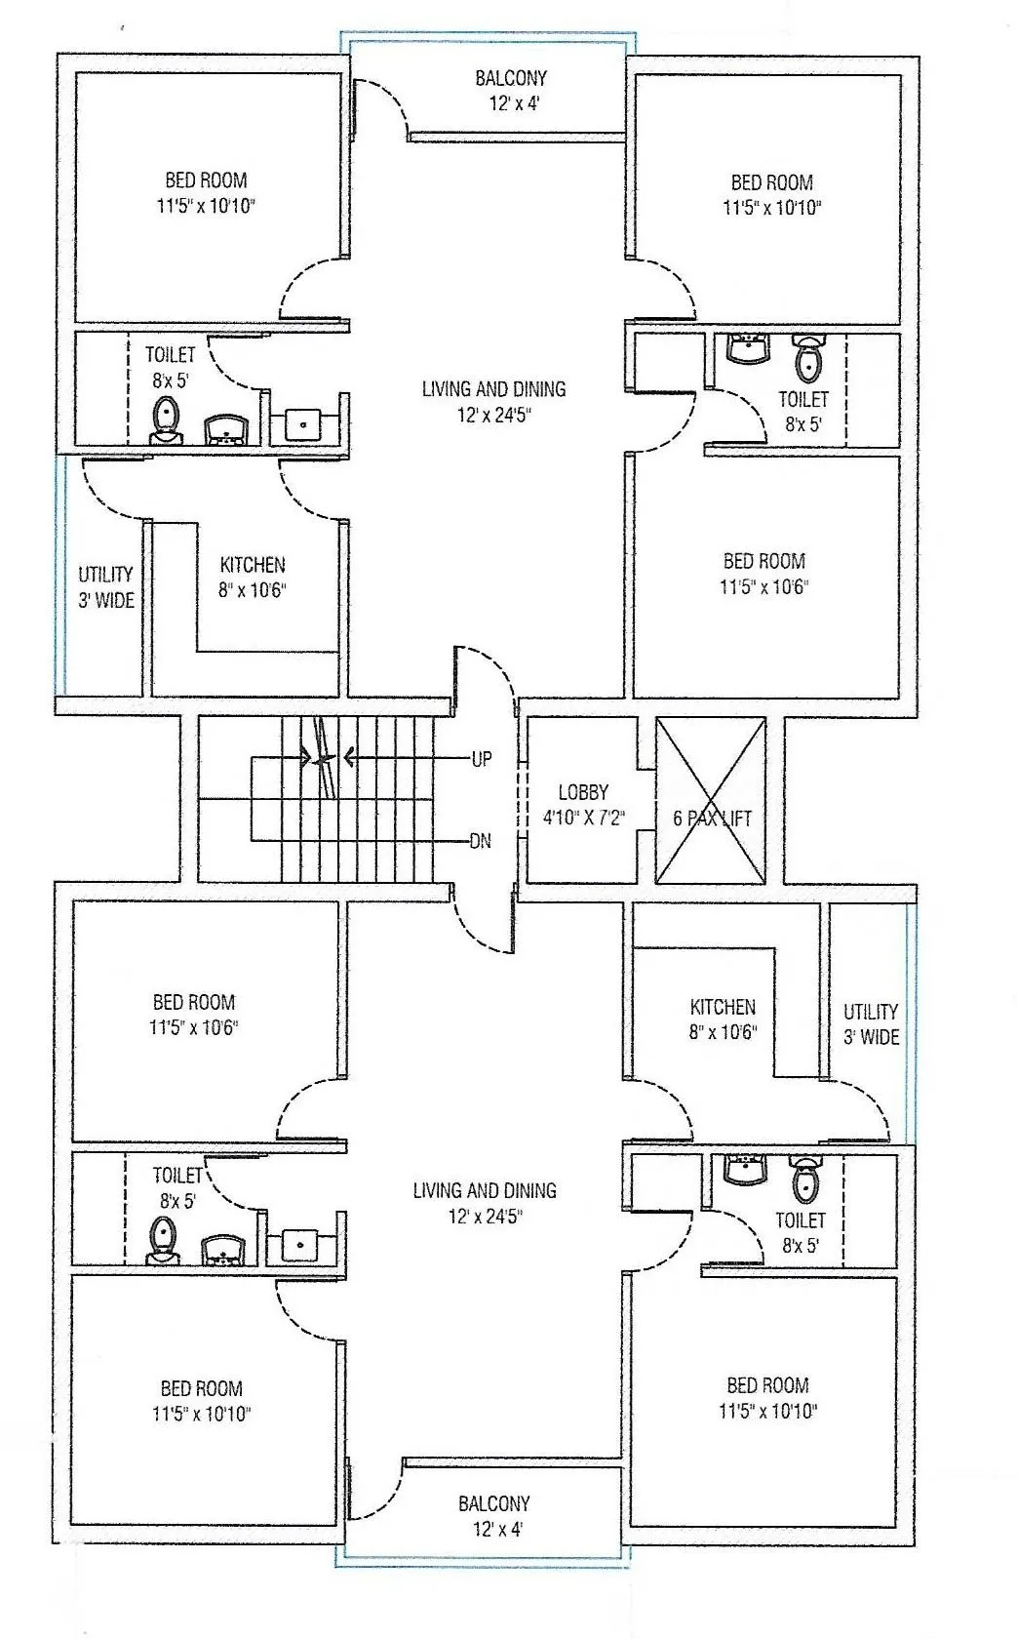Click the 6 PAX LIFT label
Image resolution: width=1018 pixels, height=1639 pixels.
pyautogui.click(x=712, y=819)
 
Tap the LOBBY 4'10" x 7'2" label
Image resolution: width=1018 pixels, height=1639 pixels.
pyautogui.click(x=583, y=805)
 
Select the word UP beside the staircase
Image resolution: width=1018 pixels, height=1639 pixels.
pyautogui.click(x=482, y=759)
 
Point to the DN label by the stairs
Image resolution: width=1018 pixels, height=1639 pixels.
pyautogui.click(x=481, y=841)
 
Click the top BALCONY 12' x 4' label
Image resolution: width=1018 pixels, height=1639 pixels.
pyautogui.click(x=510, y=90)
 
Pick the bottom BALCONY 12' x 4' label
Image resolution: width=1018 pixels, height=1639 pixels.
pyautogui.click(x=493, y=1516)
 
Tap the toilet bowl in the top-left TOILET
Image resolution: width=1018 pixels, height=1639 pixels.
pyautogui.click(x=168, y=419)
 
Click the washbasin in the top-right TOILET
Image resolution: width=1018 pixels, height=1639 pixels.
pyautogui.click(x=748, y=348)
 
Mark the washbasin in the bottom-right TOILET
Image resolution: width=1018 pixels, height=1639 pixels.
pyautogui.click(x=745, y=1169)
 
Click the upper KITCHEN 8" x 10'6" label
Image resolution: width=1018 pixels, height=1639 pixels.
pyautogui.click(x=253, y=577)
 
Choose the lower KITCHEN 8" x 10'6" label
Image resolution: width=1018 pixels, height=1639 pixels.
pyautogui.click(x=723, y=1019)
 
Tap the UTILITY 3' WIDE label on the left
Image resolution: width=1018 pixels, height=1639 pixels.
pyautogui.click(x=106, y=587)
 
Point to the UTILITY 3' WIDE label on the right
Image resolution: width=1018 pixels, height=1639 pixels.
pyautogui.click(x=871, y=1023)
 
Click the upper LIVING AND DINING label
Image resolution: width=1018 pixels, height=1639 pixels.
pyautogui.click(x=493, y=401)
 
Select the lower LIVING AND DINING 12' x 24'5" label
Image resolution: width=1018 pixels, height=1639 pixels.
pyautogui.click(x=485, y=1203)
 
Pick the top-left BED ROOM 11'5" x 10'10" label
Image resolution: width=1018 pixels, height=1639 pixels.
pyautogui.click(x=206, y=192)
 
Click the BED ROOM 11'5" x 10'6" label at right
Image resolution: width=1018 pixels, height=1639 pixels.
pyautogui.click(x=764, y=573)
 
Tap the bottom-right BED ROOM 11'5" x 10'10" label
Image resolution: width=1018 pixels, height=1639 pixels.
pyautogui.click(x=767, y=1397)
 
